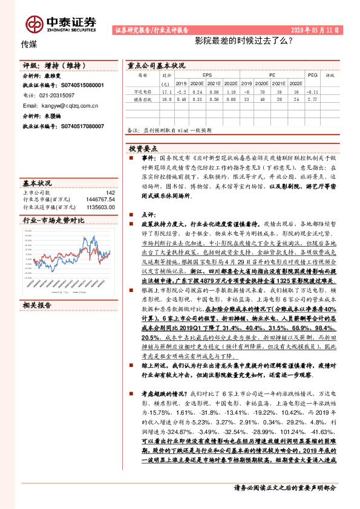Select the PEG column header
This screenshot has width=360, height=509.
click(x=312, y=76)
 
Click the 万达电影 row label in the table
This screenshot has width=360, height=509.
click(x=142, y=92)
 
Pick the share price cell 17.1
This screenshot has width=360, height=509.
click(x=167, y=92)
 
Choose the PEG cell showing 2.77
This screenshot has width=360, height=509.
click(x=312, y=99)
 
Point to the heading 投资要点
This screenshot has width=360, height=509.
click(x=143, y=148)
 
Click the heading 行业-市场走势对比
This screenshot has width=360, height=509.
click(x=53, y=222)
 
